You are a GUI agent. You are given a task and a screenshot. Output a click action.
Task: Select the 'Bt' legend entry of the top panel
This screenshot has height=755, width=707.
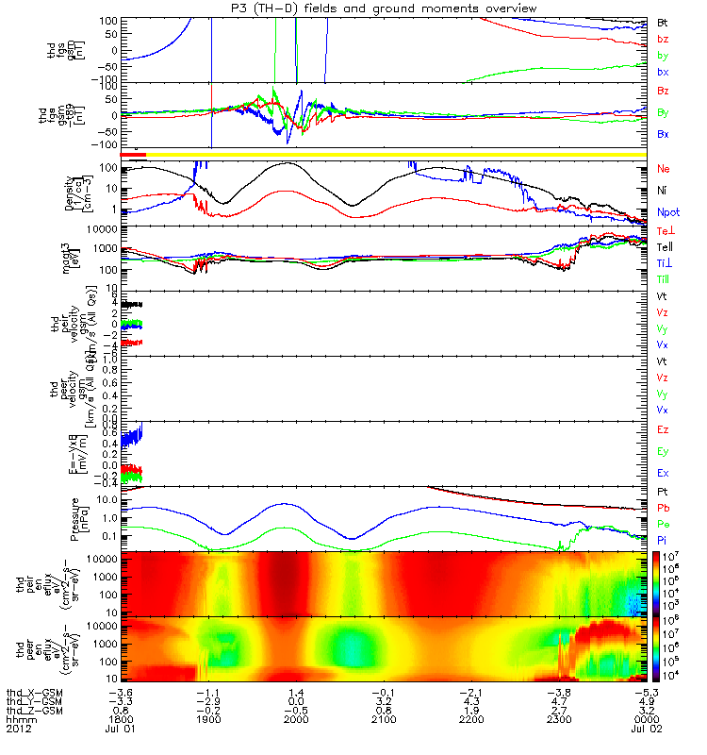coord(663,21)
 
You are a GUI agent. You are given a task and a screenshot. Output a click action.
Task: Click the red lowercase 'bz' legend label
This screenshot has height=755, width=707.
coord(663,39)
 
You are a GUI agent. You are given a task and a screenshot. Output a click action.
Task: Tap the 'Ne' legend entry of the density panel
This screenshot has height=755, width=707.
coord(664,168)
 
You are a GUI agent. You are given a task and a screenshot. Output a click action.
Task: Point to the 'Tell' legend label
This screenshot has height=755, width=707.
coord(666,246)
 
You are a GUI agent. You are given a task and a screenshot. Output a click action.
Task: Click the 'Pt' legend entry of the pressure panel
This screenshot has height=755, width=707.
coord(663,493)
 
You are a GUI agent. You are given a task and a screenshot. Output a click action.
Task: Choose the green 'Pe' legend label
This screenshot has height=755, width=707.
coord(663,523)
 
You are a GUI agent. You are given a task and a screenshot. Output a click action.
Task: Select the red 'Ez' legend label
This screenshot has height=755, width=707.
coord(664,429)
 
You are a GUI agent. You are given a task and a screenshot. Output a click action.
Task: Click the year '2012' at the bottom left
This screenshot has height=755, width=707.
coord(19,729)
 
